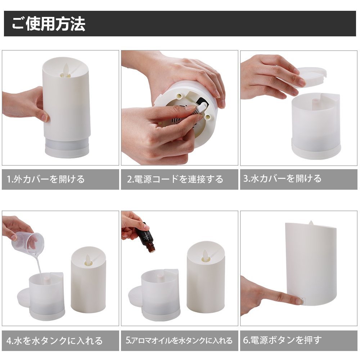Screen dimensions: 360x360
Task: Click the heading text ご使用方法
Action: point(49,24)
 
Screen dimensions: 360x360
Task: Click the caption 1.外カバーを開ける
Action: point(46,179)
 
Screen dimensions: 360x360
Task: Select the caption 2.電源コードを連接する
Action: point(175,179)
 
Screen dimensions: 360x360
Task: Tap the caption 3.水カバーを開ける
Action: point(282,179)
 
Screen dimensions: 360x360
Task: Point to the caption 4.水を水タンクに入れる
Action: point(54,341)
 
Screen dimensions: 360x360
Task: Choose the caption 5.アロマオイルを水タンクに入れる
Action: point(179,340)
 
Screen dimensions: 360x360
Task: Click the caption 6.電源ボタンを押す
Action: point(282,340)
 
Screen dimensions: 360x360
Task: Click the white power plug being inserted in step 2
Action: point(202,107)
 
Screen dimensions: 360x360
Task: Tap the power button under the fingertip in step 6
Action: point(303,301)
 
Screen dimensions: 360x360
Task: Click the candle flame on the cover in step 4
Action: point(88,259)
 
